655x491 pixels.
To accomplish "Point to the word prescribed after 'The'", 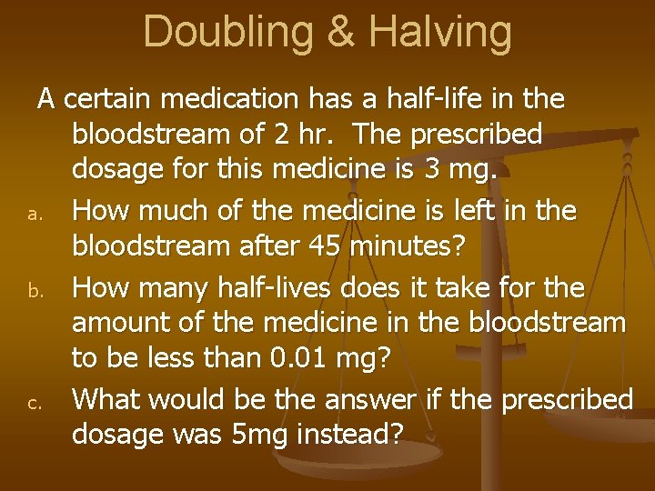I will [477, 135].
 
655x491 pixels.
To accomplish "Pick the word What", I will [106, 400].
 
